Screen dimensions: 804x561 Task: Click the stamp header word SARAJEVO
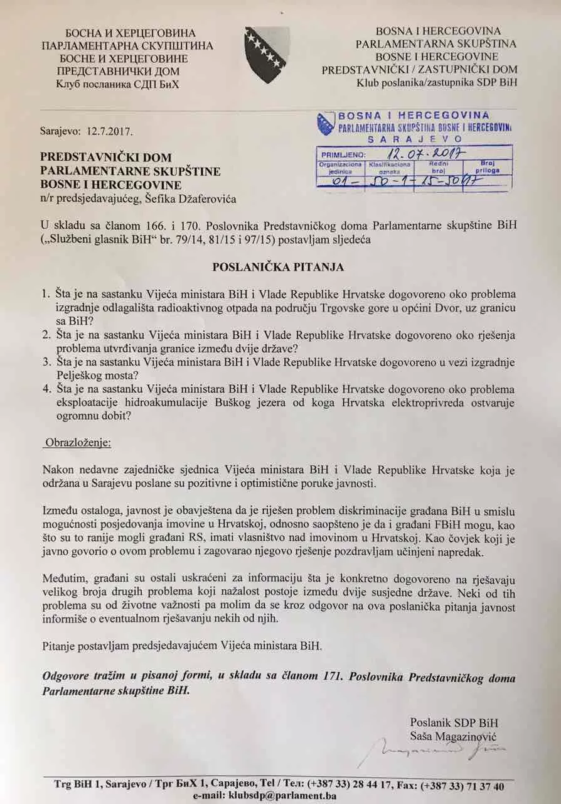[x=414, y=139]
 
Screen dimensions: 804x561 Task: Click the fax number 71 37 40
[x=485, y=786]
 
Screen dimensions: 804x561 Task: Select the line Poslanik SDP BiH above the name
[x=454, y=722]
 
